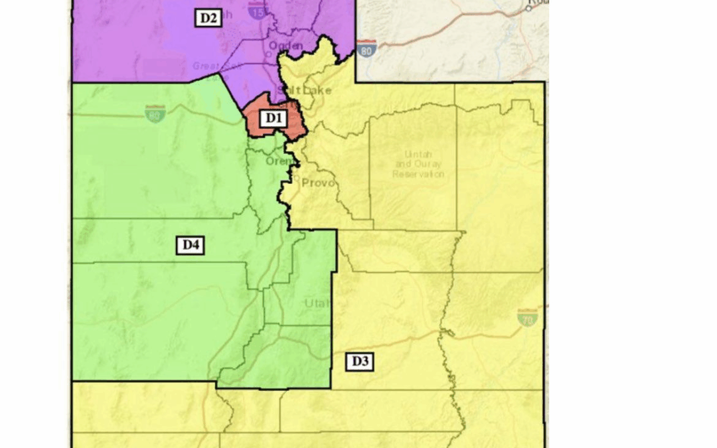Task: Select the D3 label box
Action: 359,362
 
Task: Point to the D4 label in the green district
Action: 191,246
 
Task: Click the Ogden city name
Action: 285,46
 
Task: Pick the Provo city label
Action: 317,183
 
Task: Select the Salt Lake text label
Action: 304,90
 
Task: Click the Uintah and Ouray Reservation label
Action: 418,163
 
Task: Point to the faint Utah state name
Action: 317,303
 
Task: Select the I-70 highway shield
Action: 527,317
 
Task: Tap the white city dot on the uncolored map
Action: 530,9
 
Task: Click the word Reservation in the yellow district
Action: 418,174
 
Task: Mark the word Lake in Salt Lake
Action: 317,90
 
